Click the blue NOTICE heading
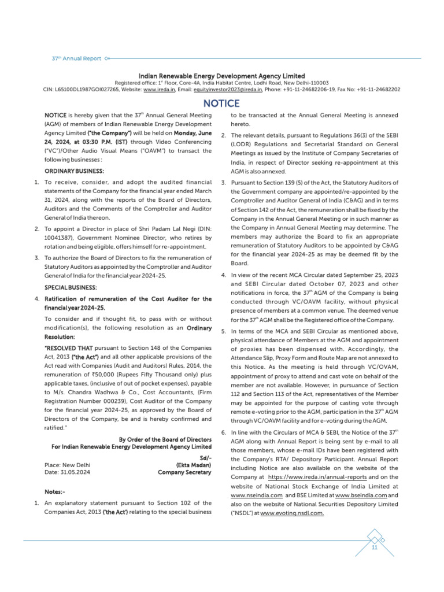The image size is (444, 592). (x=221, y=103)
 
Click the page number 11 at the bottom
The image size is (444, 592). (x=375, y=548)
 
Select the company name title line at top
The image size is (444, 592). (x=221, y=76)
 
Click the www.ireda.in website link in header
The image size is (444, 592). (x=159, y=90)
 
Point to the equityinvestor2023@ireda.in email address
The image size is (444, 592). (x=227, y=90)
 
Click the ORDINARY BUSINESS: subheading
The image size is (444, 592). (x=74, y=171)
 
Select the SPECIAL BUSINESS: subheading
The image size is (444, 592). (x=71, y=287)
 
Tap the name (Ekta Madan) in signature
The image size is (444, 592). (x=194, y=465)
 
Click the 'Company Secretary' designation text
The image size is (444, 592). (x=184, y=472)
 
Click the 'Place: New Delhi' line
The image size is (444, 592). (x=67, y=465)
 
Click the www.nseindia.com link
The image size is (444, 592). (x=256, y=495)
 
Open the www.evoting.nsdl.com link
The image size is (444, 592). (x=292, y=513)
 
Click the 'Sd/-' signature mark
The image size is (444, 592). (x=205, y=457)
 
